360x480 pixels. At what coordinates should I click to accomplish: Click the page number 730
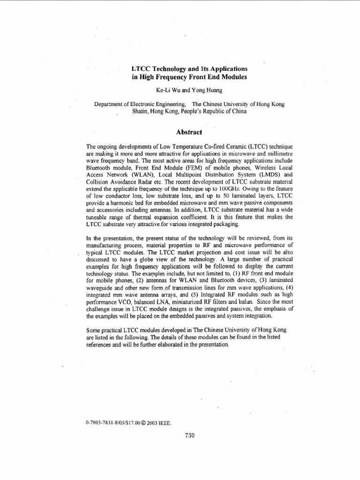[189, 435]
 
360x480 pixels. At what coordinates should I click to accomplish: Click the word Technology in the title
[170, 68]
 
